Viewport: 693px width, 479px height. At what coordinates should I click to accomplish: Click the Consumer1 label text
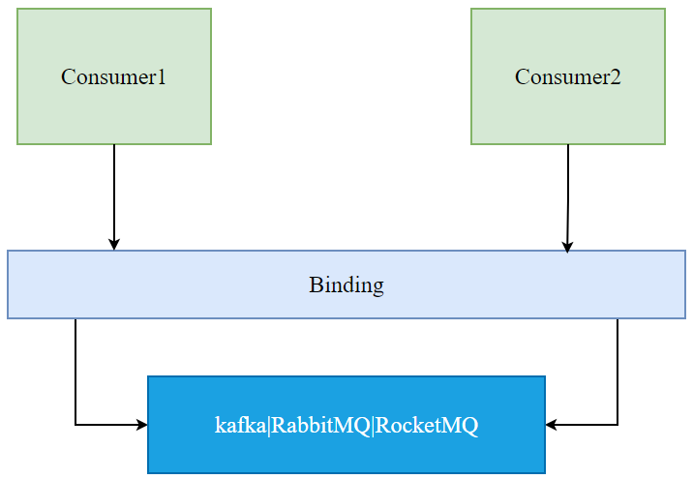[113, 77]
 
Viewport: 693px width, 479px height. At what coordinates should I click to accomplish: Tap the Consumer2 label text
[568, 77]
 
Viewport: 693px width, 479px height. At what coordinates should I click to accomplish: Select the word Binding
[346, 285]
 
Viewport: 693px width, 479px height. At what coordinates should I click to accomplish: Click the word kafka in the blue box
[239, 426]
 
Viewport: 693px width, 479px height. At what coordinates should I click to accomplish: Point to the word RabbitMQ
[320, 426]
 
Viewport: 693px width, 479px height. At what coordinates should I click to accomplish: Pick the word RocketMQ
[427, 426]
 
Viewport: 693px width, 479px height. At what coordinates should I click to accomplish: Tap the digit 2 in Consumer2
[616, 77]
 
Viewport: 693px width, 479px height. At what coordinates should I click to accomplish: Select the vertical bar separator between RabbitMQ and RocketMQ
[373, 426]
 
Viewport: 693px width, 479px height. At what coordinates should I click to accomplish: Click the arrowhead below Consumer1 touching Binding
[114, 245]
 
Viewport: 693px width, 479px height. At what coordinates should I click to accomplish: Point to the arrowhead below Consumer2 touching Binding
[567, 247]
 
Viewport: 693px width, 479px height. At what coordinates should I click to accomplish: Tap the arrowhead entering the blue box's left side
[141, 425]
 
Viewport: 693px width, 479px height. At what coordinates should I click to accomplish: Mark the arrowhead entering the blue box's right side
[552, 425]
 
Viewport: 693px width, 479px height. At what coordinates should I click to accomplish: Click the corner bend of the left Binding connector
[75, 425]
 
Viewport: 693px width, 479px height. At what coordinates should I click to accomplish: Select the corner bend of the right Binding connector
[618, 425]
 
